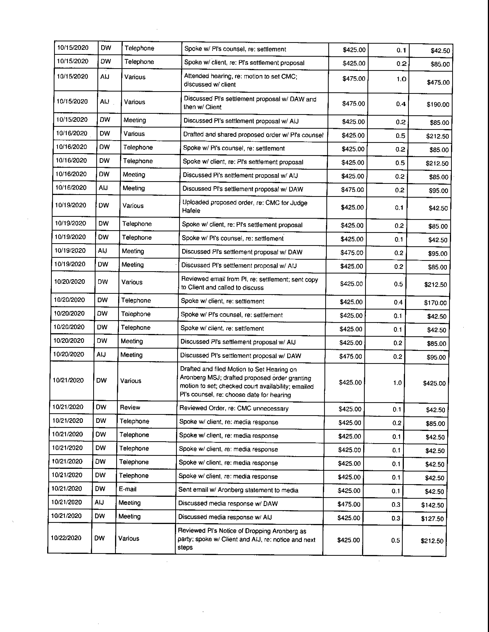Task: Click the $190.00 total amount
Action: click(x=438, y=104)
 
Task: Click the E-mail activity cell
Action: click(x=128, y=489)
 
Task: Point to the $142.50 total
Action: click(x=432, y=505)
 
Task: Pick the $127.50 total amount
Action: click(x=432, y=519)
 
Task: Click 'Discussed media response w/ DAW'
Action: click(x=228, y=503)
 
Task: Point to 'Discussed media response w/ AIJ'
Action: click(x=225, y=517)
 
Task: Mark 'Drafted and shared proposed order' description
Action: click(x=253, y=135)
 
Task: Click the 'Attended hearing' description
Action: click(x=240, y=80)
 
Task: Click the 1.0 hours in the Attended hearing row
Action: click(x=401, y=79)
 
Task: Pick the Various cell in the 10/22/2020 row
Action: click(x=129, y=539)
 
